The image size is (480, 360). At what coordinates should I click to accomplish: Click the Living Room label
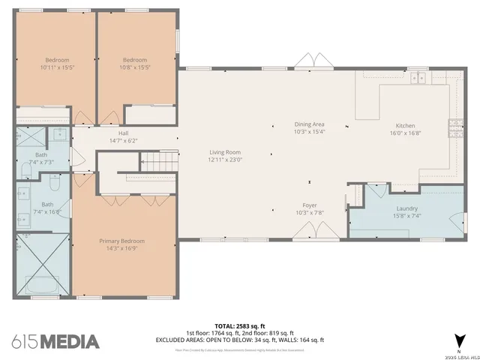click(224, 152)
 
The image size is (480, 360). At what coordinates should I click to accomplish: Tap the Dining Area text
click(309, 124)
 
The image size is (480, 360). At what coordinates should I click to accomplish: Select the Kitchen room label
click(405, 126)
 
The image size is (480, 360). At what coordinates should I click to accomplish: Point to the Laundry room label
click(406, 208)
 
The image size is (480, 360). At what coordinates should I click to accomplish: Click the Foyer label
click(309, 205)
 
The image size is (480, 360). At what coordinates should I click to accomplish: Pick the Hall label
click(124, 133)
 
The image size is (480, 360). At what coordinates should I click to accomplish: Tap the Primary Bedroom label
click(122, 241)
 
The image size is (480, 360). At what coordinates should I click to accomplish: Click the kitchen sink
click(417, 77)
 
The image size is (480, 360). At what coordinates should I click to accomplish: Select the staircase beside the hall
click(158, 160)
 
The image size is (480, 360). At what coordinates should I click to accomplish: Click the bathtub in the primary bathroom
click(43, 284)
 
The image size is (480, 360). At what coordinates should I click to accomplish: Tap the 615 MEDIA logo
click(55, 341)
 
